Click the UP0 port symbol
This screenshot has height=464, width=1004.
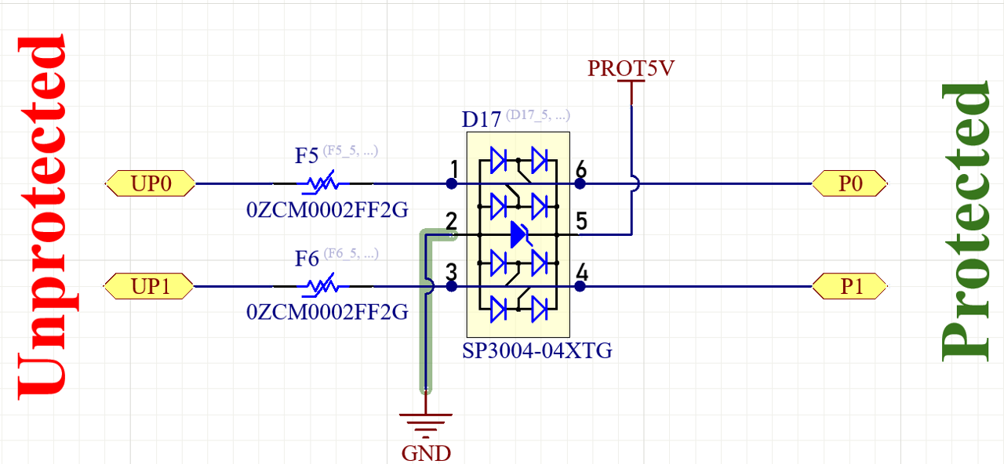[150, 184]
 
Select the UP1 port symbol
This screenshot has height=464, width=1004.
[150, 287]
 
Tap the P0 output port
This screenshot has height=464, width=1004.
[850, 184]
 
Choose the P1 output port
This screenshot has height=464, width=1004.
[850, 287]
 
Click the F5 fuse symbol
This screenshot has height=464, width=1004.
[322, 184]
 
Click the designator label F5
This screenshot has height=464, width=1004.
[307, 155]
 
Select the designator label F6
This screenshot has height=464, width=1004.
[307, 258]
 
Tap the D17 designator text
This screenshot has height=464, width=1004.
[481, 120]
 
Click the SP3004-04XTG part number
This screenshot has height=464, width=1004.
[537, 350]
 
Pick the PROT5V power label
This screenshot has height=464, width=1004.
[631, 69]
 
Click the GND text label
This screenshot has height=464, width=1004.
[426, 453]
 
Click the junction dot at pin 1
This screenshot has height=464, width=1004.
[452, 184]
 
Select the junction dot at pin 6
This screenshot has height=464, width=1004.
[580, 184]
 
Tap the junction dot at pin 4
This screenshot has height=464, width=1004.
[580, 287]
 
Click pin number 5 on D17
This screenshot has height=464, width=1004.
[581, 222]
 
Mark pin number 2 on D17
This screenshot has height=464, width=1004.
[452, 221]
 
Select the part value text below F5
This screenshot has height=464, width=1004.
[327, 209]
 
